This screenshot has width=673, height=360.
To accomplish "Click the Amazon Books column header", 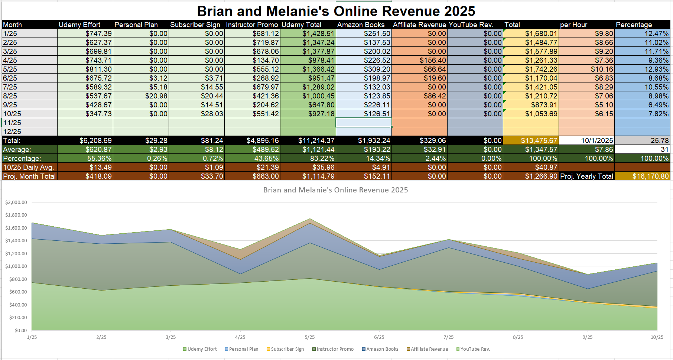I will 361,25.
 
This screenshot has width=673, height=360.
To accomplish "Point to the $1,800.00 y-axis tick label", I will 16,215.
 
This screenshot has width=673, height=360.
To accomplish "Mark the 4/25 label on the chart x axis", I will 240,337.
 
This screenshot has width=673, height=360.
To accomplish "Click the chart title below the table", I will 335,190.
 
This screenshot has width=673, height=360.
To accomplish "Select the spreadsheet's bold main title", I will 336,11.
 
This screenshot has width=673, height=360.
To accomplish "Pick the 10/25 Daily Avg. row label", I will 28,167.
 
